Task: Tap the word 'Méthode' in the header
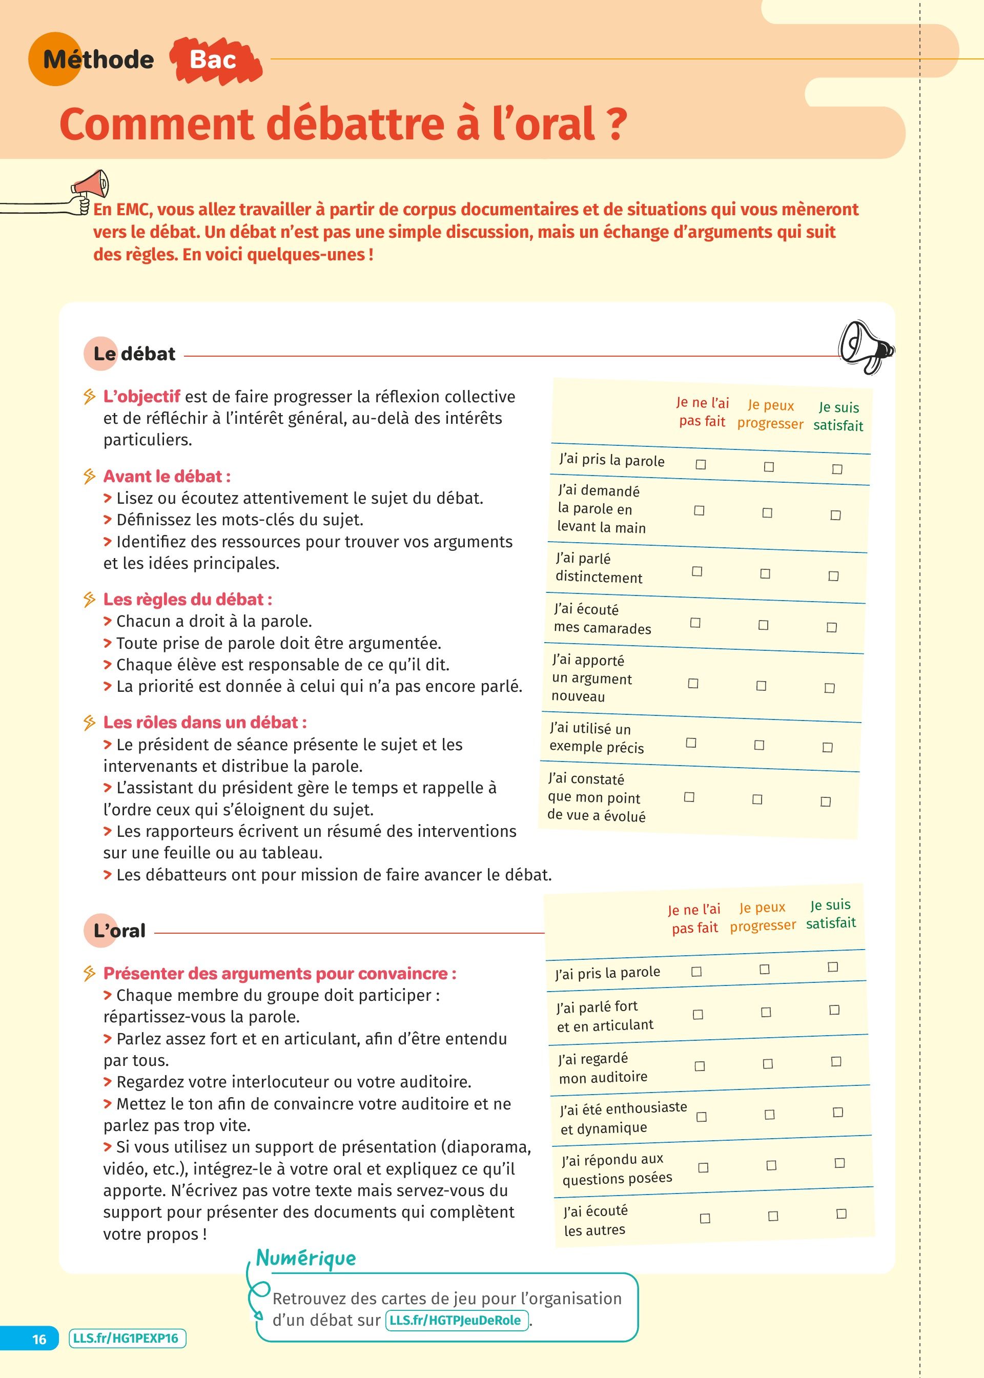(98, 60)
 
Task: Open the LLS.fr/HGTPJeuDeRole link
(455, 1320)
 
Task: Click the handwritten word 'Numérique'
(306, 1258)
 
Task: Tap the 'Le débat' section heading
(134, 354)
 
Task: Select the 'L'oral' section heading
(119, 931)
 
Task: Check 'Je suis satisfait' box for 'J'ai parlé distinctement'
(834, 576)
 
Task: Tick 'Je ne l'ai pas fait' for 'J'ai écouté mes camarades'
(695, 623)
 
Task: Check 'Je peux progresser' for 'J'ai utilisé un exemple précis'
(759, 745)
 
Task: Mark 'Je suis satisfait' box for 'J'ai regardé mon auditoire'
(836, 1061)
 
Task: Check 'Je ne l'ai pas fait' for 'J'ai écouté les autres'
(705, 1218)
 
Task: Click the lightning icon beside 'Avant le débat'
(90, 477)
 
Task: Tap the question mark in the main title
(616, 124)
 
